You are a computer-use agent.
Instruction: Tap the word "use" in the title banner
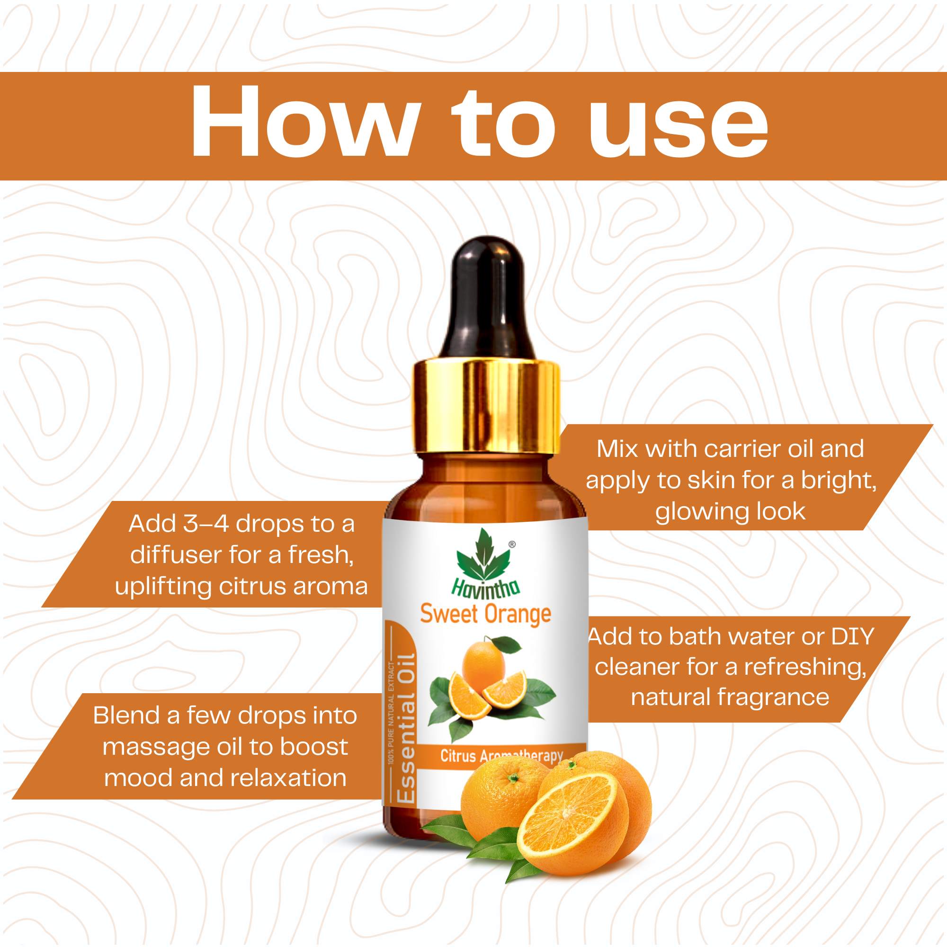[x=679, y=128]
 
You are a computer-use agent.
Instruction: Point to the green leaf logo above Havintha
[x=484, y=557]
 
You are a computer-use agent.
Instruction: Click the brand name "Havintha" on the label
[x=485, y=587]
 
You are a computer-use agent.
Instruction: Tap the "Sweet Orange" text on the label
[x=485, y=614]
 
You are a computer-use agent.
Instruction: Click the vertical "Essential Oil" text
[x=406, y=728]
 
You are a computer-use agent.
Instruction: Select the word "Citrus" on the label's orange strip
[x=458, y=755]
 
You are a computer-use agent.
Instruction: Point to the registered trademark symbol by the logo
[x=512, y=544]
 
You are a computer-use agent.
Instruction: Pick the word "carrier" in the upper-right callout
[x=743, y=449]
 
